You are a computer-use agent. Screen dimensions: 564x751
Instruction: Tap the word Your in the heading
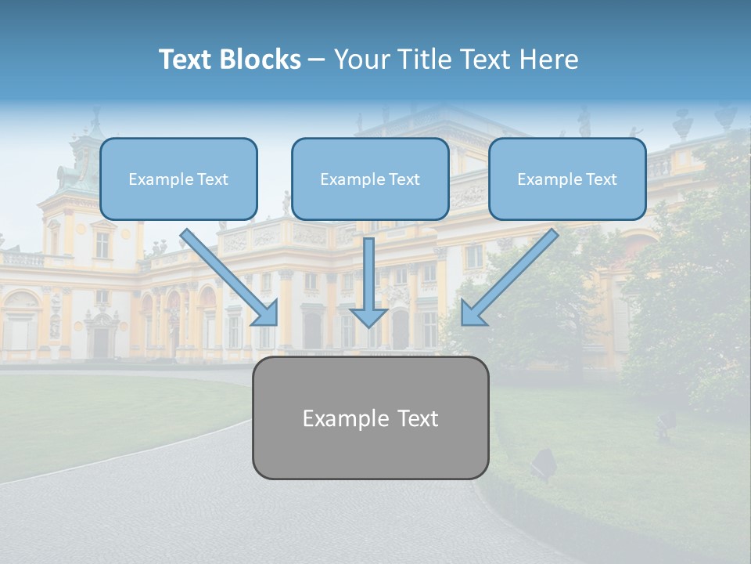(360, 60)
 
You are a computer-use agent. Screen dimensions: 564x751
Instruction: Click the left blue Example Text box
(178, 179)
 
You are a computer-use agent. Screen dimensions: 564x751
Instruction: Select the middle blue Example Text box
(370, 179)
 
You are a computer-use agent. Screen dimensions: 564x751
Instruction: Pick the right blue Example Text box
(567, 179)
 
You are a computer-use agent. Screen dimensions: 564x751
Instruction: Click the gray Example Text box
(370, 418)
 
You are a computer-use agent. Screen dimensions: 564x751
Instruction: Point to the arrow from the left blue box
(227, 274)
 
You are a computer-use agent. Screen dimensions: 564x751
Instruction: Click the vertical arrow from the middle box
(368, 274)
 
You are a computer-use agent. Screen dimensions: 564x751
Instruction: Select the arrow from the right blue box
(512, 274)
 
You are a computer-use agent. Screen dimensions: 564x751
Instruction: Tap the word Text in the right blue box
(602, 179)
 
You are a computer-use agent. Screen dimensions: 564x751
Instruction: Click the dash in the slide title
(317, 60)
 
